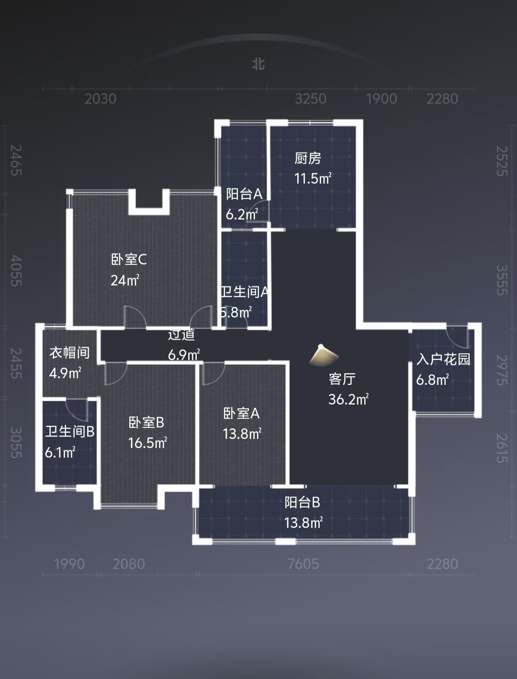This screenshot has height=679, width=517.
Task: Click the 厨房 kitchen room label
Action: click(x=307, y=158)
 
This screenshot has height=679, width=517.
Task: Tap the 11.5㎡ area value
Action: click(x=313, y=179)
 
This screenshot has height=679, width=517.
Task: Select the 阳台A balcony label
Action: click(x=244, y=194)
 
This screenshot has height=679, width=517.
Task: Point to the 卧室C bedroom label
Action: click(x=129, y=260)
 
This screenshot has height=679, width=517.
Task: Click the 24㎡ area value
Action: click(x=125, y=280)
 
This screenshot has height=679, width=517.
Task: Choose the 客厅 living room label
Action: click(x=342, y=379)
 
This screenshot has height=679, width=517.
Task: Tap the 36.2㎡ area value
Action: click(x=348, y=399)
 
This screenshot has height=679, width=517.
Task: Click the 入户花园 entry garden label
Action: click(x=443, y=359)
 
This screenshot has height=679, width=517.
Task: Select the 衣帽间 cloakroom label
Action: click(x=69, y=353)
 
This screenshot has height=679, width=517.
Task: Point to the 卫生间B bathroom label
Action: click(x=70, y=432)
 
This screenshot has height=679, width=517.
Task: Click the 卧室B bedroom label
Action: click(x=146, y=423)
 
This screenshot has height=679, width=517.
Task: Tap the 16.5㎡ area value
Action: click(x=147, y=443)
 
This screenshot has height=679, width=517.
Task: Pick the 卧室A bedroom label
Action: click(x=241, y=414)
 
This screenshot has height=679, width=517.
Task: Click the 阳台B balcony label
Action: click(x=302, y=503)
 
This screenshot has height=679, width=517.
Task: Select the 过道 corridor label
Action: click(x=181, y=335)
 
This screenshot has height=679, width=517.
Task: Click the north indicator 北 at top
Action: click(x=258, y=64)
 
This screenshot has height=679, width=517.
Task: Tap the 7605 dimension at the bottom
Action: click(x=303, y=564)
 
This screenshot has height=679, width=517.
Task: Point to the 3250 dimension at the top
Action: click(x=310, y=99)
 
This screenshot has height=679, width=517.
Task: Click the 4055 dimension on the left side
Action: click(x=16, y=271)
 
